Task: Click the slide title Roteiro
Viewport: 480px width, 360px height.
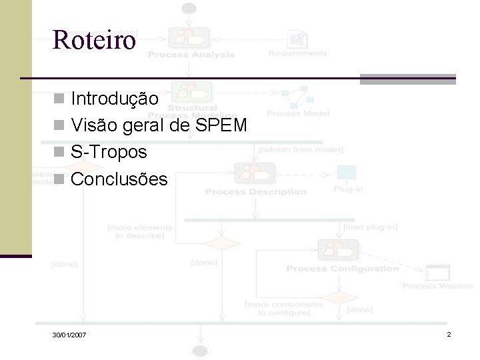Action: click(x=94, y=41)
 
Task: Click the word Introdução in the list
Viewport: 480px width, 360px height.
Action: click(x=115, y=99)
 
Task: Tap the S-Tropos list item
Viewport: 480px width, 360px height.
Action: click(x=109, y=152)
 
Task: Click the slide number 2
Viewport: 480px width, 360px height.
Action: click(x=449, y=333)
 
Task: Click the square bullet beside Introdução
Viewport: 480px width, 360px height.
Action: click(x=59, y=100)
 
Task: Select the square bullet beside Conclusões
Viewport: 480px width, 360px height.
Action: click(x=59, y=179)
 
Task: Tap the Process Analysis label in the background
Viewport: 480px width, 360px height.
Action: click(x=191, y=55)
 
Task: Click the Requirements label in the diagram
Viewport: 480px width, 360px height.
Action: click(x=298, y=53)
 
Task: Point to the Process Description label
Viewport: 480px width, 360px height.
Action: click(x=255, y=192)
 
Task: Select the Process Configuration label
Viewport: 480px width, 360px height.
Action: click(x=342, y=269)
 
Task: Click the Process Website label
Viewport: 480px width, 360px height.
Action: click(x=437, y=286)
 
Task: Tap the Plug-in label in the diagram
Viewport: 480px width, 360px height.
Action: click(x=348, y=189)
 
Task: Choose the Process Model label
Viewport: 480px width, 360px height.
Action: click(x=298, y=113)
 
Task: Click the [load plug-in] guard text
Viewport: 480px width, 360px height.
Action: click(x=369, y=227)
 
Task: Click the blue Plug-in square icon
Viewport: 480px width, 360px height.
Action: click(x=347, y=172)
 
